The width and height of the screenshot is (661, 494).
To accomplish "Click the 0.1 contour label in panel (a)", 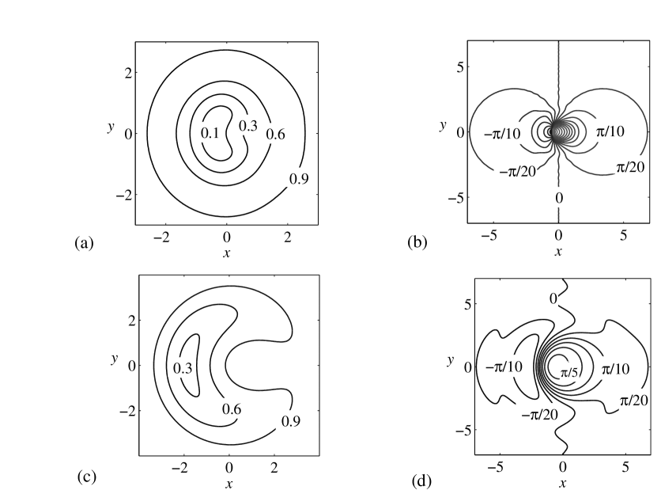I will tap(210, 133).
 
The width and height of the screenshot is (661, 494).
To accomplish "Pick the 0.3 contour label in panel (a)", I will tap(248, 125).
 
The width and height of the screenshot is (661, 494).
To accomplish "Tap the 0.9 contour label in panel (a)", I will tap(298, 179).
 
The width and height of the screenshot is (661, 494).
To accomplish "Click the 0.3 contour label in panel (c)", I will tap(183, 368).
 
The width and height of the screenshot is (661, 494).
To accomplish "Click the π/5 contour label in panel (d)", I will tap(570, 373).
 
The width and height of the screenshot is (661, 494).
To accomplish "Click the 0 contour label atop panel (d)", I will tap(553, 298).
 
